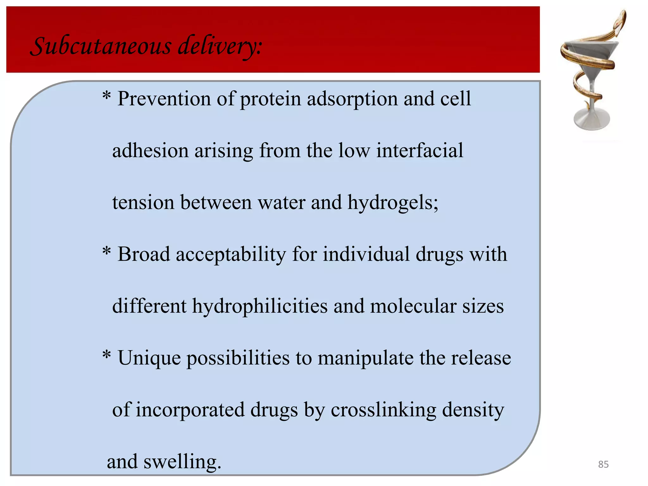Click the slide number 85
603,464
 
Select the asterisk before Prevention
107,96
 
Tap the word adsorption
352,99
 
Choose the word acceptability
231,255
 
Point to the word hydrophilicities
260,306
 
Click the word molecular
413,306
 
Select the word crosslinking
383,410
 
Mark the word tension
143,203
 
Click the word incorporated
190,410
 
